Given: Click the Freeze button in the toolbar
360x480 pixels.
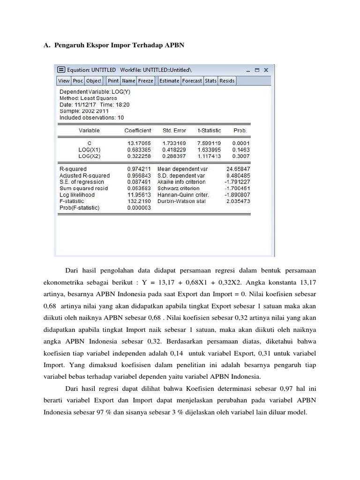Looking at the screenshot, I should tap(146, 81).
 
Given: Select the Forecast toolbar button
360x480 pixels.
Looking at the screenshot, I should tap(192, 81).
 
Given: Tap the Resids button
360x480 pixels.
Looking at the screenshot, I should tap(227, 81).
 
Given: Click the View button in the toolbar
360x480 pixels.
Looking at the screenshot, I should tap(64, 81).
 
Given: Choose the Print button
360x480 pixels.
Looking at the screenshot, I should tap(113, 81).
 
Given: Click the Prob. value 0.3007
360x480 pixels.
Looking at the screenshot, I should tap(242, 156).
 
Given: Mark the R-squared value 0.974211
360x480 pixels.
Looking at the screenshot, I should tap(139, 169).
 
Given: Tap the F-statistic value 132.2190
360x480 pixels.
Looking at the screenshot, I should tap(139, 201).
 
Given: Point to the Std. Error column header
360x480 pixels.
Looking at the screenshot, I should tap(174, 130).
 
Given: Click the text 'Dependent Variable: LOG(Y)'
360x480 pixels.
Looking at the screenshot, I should tap(91, 92).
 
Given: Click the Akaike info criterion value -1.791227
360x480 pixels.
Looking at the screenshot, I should tap(237, 182).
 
